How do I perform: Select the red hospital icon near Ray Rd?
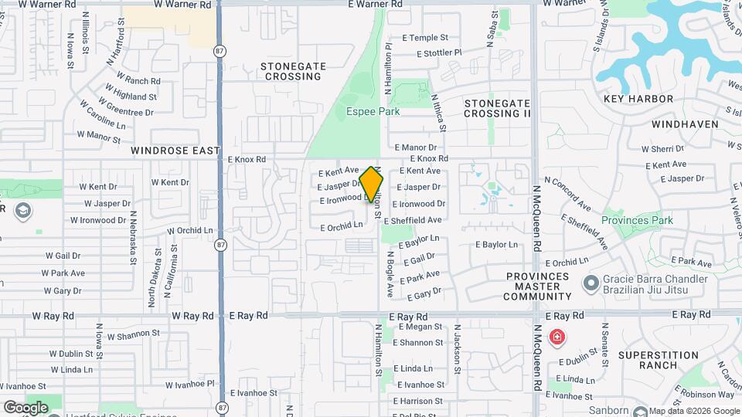point(556,337)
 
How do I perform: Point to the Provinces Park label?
point(637,220)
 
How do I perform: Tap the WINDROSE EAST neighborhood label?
point(175,151)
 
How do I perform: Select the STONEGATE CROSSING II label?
point(497,108)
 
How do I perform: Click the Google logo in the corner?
point(26,407)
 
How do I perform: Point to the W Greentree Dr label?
point(127,111)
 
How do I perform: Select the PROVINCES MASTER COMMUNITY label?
point(537,286)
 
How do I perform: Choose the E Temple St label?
point(425,37)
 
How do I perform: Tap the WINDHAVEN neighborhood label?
point(685,124)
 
